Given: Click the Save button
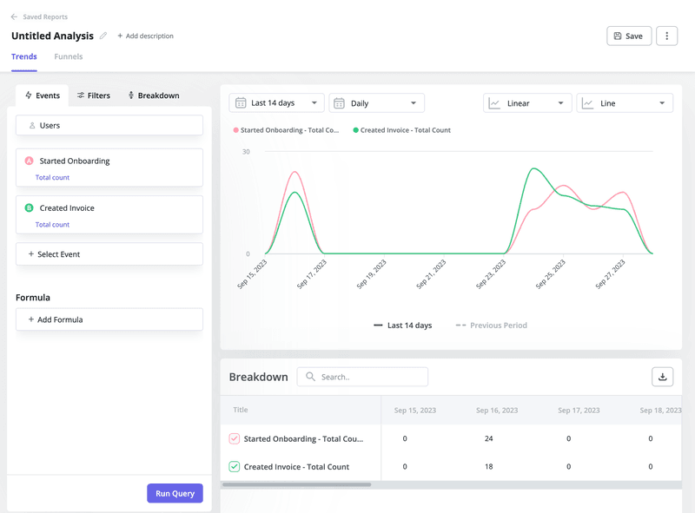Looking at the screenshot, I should point(628,36).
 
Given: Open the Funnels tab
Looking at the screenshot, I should point(69,56).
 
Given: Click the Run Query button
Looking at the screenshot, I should point(175,493).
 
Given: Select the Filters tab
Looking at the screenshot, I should point(94,95).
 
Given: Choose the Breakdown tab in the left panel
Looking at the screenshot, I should point(153,95).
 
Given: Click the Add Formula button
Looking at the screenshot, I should point(109,319).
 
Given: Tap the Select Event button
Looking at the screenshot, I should point(109,254).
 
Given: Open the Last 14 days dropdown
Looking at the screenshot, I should point(276,102).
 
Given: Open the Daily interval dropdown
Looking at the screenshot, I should point(376,102).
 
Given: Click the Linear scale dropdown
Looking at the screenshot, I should point(527,102).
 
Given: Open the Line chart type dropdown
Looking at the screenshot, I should point(625,102).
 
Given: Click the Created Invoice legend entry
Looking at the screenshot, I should point(405,130).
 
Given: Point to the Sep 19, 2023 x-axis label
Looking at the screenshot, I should point(373,273).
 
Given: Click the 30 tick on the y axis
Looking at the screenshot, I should point(246,152).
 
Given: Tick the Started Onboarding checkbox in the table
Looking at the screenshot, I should point(235,439).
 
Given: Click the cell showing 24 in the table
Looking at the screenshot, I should point(488,439).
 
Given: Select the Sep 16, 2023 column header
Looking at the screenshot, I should point(497,411).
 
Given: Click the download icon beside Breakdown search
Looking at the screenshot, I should point(662,377).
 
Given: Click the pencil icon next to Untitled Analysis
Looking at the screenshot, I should point(103,36).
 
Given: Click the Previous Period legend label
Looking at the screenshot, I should point(498,326).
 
